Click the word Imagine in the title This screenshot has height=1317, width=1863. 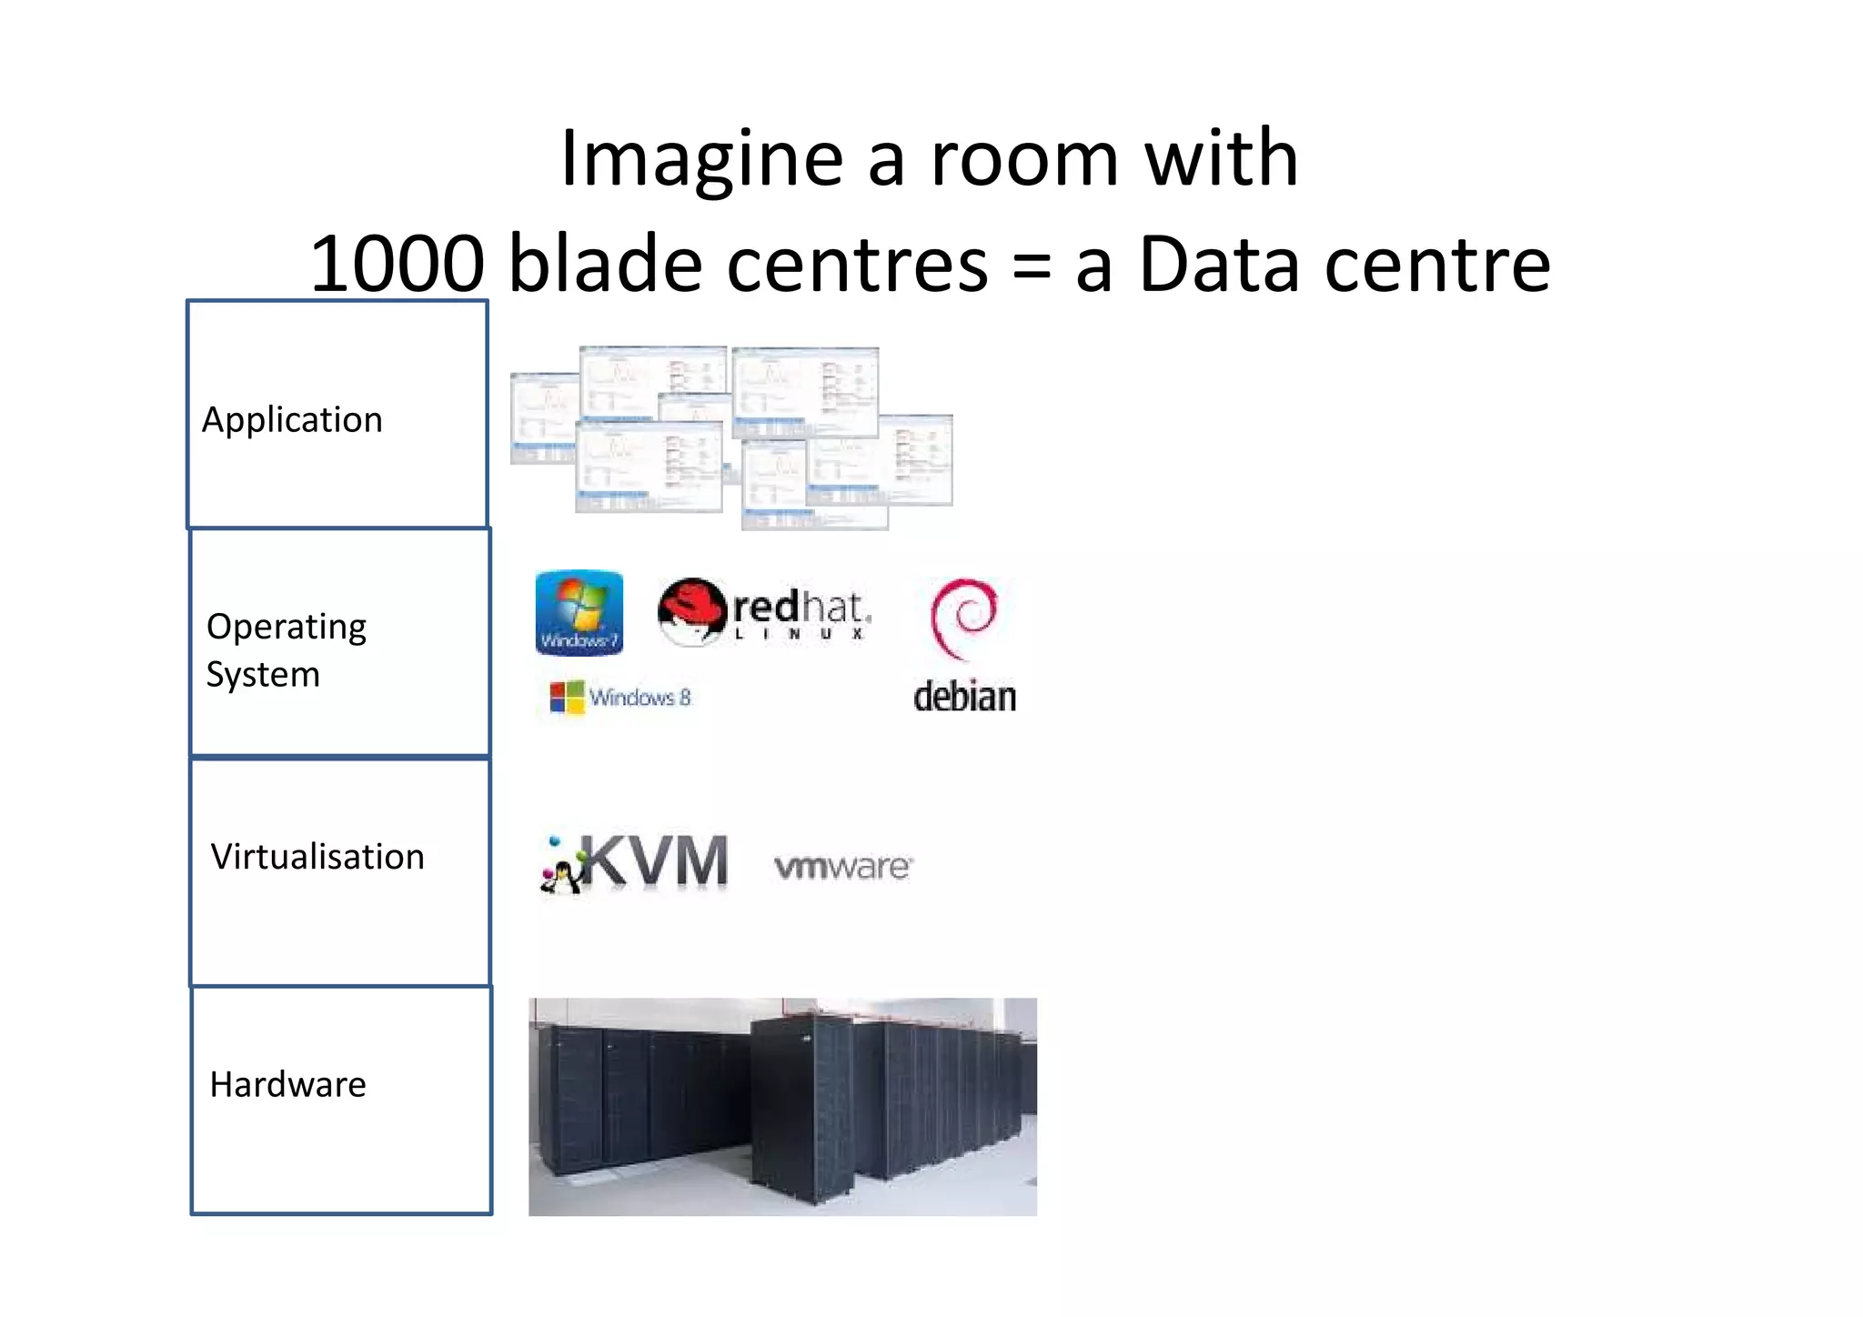pos(701,160)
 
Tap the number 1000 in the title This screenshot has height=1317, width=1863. pos(398,265)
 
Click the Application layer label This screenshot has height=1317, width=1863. pos(292,420)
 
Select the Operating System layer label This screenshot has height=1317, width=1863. pos(286,649)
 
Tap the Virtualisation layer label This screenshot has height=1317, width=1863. pos(317,857)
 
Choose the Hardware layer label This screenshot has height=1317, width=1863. pos(287,1084)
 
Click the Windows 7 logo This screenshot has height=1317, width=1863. pos(579,612)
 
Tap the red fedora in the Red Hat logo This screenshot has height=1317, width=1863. pos(691,605)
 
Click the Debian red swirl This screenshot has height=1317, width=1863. pos(964,617)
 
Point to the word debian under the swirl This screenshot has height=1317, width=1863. pos(964,698)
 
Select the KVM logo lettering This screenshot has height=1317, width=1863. pos(655,860)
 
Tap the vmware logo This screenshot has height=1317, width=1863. pos(842,867)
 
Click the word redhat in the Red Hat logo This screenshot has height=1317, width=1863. pos(801,607)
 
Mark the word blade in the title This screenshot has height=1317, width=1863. pos(605,265)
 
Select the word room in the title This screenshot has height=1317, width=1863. pos(1023,160)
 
